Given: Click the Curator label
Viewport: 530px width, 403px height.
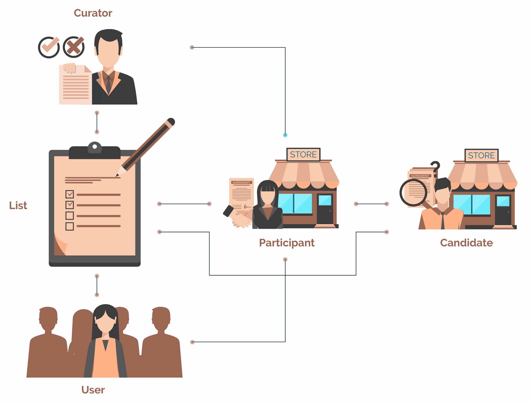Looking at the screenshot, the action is point(93,13).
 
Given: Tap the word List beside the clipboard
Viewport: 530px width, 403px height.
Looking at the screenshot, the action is point(18,205).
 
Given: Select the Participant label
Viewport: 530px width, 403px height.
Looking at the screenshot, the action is point(287,243).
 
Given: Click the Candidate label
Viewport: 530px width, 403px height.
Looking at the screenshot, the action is point(466,243).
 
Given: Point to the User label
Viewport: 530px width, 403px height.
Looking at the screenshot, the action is point(93,390).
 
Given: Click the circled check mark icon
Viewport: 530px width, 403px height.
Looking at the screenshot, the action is point(49,47).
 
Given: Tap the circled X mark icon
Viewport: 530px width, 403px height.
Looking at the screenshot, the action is point(74,47).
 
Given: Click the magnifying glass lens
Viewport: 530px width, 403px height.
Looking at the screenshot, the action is point(413,193).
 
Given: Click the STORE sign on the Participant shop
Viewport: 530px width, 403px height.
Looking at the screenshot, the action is point(303,155).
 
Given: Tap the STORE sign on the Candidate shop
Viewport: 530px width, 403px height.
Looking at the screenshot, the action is point(482,155).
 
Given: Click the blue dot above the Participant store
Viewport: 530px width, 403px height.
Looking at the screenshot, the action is point(285,135).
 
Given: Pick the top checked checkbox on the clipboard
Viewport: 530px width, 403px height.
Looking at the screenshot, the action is point(70,194).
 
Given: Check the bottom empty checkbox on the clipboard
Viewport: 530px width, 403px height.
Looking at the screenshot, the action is point(70,227).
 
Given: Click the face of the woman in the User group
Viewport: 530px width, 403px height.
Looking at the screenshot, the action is point(105,321).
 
